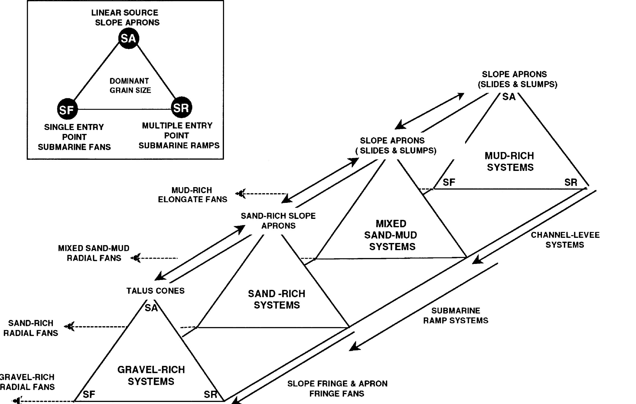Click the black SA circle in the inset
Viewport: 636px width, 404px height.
click(129, 39)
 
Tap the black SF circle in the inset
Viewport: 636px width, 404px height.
click(67, 109)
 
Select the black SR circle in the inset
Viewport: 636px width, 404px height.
click(181, 108)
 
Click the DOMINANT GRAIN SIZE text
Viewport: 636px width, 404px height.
click(130, 85)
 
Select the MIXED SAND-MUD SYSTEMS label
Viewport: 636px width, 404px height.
click(391, 235)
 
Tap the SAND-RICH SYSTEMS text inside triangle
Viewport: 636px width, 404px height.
click(277, 299)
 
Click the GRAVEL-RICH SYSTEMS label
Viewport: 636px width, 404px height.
click(151, 375)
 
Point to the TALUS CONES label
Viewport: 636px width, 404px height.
click(155, 291)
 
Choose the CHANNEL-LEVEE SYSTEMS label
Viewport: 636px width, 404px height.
click(565, 240)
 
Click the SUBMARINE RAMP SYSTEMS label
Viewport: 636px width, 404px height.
click(456, 315)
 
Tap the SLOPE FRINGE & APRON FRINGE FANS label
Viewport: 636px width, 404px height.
click(337, 388)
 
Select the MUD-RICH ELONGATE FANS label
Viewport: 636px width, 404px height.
click(192, 194)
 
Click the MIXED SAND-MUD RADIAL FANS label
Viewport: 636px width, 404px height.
click(94, 253)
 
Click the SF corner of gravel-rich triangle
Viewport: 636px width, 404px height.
click(89, 394)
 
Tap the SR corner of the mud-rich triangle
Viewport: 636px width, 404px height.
click(571, 182)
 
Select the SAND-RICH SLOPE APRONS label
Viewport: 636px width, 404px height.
click(278, 221)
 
